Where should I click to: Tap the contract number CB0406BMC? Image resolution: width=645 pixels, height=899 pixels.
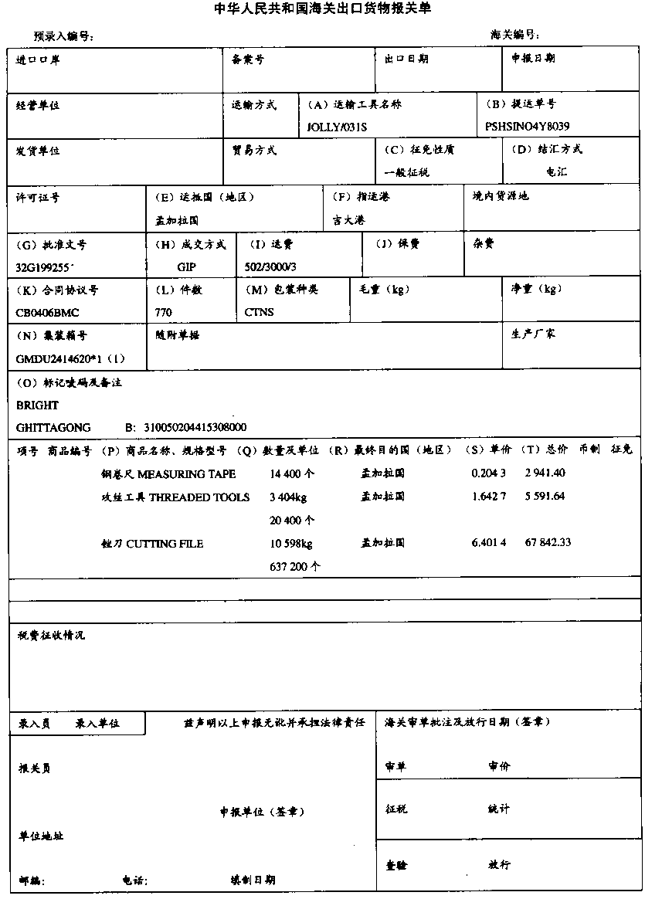point(47,313)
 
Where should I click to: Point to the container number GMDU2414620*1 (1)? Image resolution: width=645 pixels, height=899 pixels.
point(70,359)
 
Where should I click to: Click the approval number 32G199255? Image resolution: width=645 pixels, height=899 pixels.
point(44,266)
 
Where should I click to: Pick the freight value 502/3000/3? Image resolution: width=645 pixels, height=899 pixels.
point(270,266)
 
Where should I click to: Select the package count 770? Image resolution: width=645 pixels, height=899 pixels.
point(164,313)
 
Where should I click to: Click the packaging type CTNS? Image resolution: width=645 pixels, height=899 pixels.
point(260,313)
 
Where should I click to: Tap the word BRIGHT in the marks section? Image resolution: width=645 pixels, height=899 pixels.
point(37,405)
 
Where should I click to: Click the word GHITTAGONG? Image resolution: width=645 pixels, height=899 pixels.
point(53,428)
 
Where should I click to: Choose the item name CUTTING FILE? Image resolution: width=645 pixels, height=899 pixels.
point(165,544)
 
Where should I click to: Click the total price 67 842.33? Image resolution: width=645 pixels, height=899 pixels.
point(548,543)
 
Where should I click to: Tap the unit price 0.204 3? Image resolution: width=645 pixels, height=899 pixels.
point(489,473)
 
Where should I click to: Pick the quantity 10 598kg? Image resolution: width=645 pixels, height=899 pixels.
point(291,544)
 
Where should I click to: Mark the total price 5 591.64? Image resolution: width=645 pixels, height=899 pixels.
point(545,497)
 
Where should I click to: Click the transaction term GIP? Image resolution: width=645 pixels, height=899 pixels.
point(187,266)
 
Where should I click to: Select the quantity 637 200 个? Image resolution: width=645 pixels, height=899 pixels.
point(296,567)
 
